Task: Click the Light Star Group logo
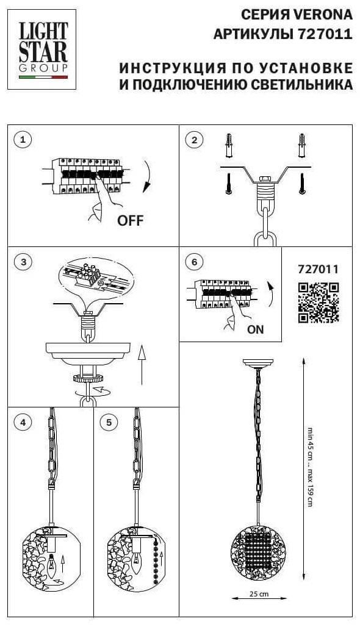click(x=41, y=49)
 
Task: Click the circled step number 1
click(x=23, y=140)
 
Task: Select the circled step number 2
click(x=195, y=140)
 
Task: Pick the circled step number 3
click(x=23, y=262)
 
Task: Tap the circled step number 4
click(x=23, y=422)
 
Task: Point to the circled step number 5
click(x=109, y=422)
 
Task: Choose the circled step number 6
click(x=195, y=262)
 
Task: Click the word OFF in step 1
click(x=130, y=220)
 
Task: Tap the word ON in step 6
click(x=255, y=329)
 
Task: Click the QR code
click(x=319, y=303)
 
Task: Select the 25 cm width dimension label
click(x=259, y=594)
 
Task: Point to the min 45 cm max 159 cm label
click(x=310, y=467)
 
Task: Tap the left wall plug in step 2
click(x=228, y=146)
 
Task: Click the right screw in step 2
click(x=302, y=184)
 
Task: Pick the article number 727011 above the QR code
click(x=319, y=269)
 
